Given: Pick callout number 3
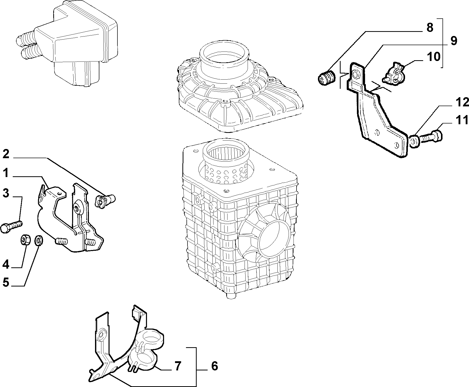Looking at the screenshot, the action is pyautogui.click(x=6, y=193).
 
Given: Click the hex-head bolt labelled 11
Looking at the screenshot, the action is pyautogui.click(x=431, y=137).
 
